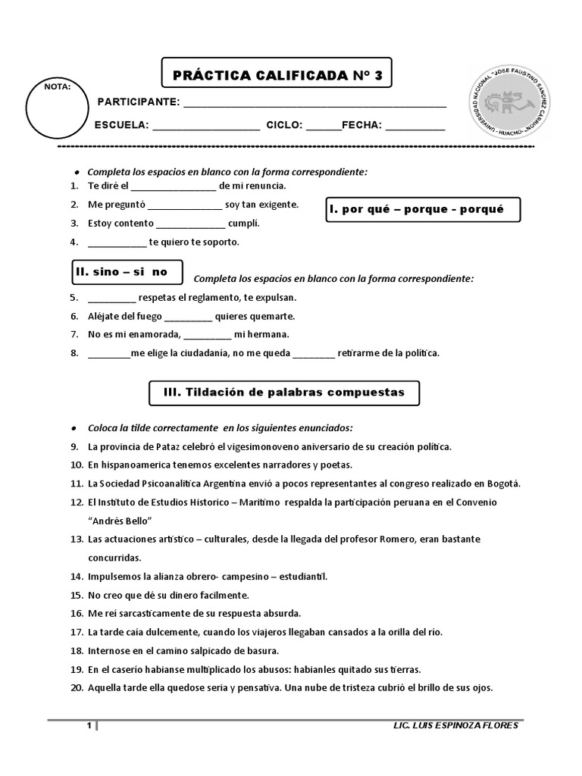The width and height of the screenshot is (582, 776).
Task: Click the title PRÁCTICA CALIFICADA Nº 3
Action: [277, 74]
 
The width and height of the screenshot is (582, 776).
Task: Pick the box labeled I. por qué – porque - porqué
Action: [423, 209]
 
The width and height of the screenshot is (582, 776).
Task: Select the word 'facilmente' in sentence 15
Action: [223, 595]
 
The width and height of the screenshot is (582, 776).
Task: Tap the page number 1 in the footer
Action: [89, 727]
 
